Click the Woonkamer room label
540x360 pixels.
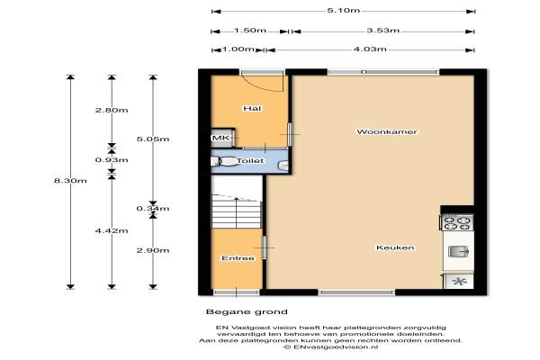(387, 131)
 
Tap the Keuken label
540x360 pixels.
(395, 247)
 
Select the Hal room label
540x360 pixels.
(252, 109)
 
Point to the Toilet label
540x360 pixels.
(250, 161)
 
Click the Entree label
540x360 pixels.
(238, 258)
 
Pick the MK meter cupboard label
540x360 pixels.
(221, 138)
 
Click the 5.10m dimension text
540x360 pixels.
(344, 10)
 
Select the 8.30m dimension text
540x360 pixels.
(70, 181)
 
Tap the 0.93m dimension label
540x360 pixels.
(112, 160)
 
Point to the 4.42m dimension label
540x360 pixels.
(112, 230)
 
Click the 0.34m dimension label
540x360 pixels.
(153, 209)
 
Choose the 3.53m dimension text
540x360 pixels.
(383, 31)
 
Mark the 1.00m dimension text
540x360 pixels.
(238, 49)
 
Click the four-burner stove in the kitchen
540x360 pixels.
(457, 222)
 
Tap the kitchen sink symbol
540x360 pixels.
(459, 251)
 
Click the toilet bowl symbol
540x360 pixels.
(222, 161)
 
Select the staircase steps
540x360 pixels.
(236, 211)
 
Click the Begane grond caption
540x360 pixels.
(247, 312)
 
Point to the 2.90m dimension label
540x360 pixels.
(153, 250)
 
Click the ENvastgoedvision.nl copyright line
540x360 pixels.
(330, 347)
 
